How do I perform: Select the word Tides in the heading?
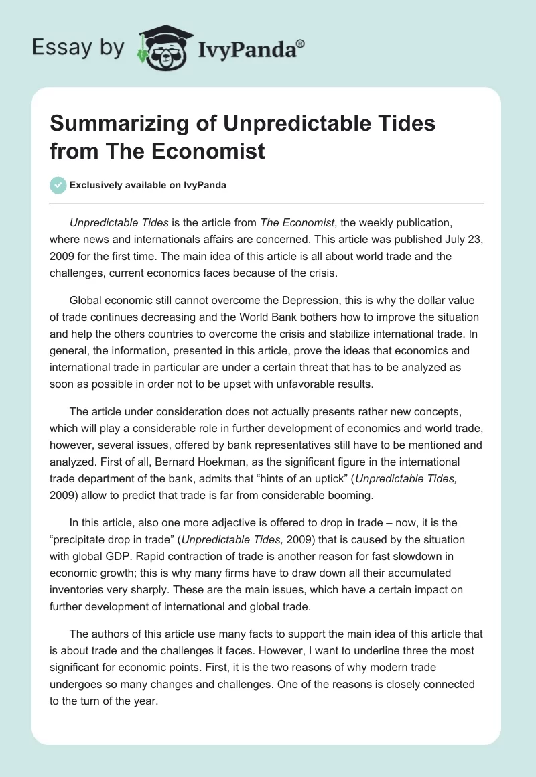(403, 124)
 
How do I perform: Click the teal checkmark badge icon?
(58, 185)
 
